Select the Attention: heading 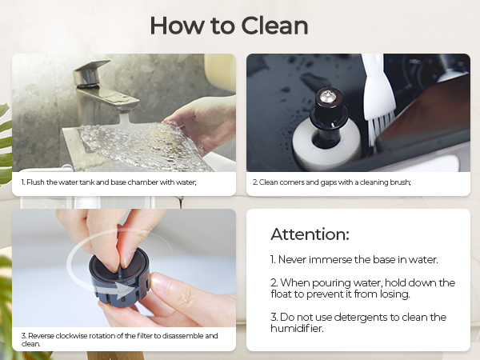[x=310, y=234]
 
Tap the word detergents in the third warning [x=354, y=318]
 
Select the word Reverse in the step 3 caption [x=40, y=335]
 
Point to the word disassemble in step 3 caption [x=179, y=335]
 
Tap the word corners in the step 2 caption [x=286, y=182]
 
